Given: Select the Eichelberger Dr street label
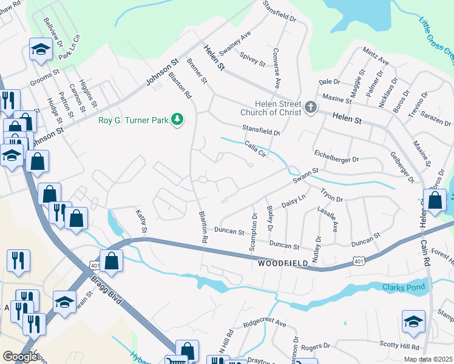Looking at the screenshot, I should [x=336, y=156].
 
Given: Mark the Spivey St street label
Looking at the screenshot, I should [x=253, y=59].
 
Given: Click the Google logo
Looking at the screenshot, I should [x=20, y=357].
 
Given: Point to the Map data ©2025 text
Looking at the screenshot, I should [x=427, y=359].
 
